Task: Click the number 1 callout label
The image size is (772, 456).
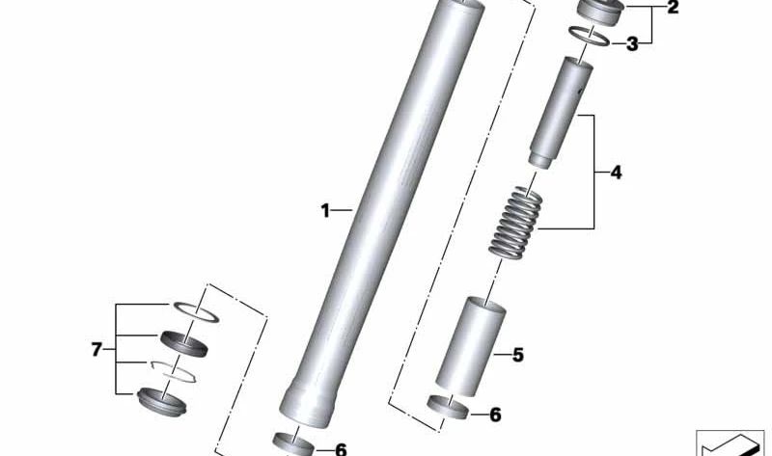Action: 325,209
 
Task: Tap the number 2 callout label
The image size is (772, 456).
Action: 672,9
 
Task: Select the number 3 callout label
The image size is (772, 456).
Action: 632,43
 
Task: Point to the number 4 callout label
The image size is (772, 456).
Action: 616,174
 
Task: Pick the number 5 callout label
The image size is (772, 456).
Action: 517,356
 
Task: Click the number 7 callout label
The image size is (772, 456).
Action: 96,349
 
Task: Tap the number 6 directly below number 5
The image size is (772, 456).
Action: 495,415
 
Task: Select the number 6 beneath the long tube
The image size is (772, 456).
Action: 340,448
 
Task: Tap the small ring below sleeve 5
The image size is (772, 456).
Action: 449,409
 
